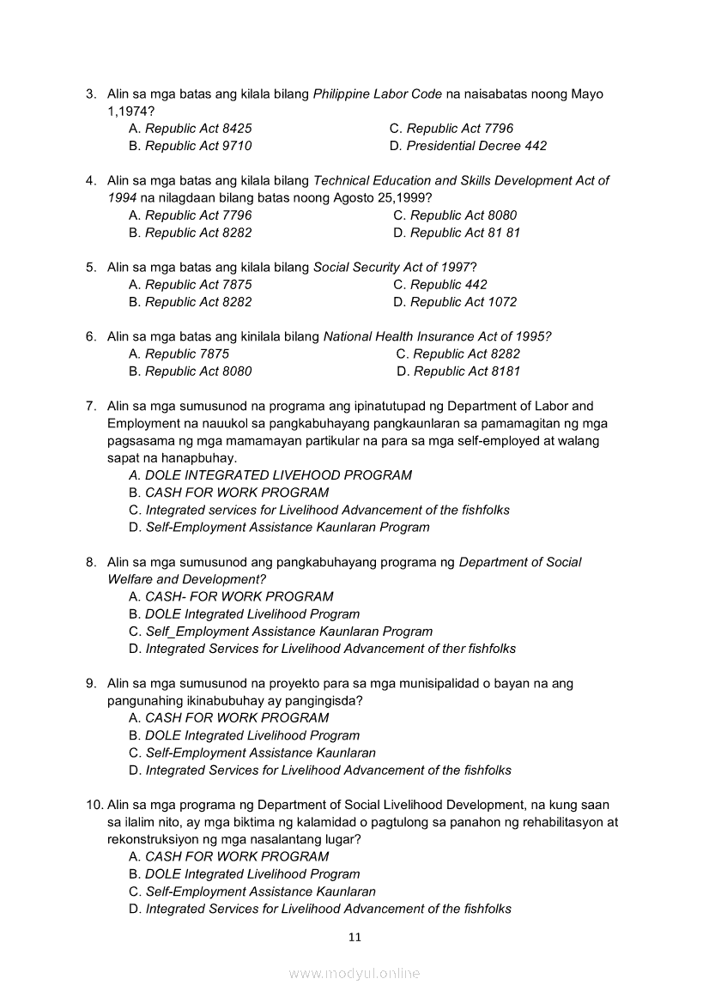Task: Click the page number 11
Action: click(x=355, y=937)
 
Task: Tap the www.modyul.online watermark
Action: click(x=354, y=973)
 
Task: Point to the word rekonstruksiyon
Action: click(x=155, y=839)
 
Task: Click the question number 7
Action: click(x=90, y=406)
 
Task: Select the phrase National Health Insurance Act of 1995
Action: click(x=437, y=336)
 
